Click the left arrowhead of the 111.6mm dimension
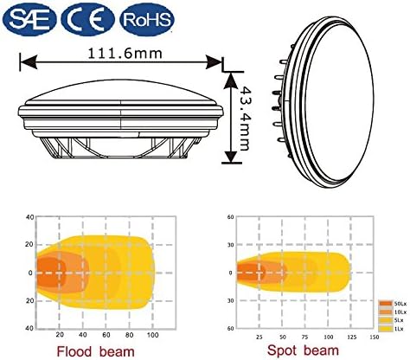[x=24, y=62]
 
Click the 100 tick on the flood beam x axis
[x=153, y=334]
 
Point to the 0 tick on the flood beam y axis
[x=29, y=273]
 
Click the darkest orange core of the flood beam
[x=48, y=272]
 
